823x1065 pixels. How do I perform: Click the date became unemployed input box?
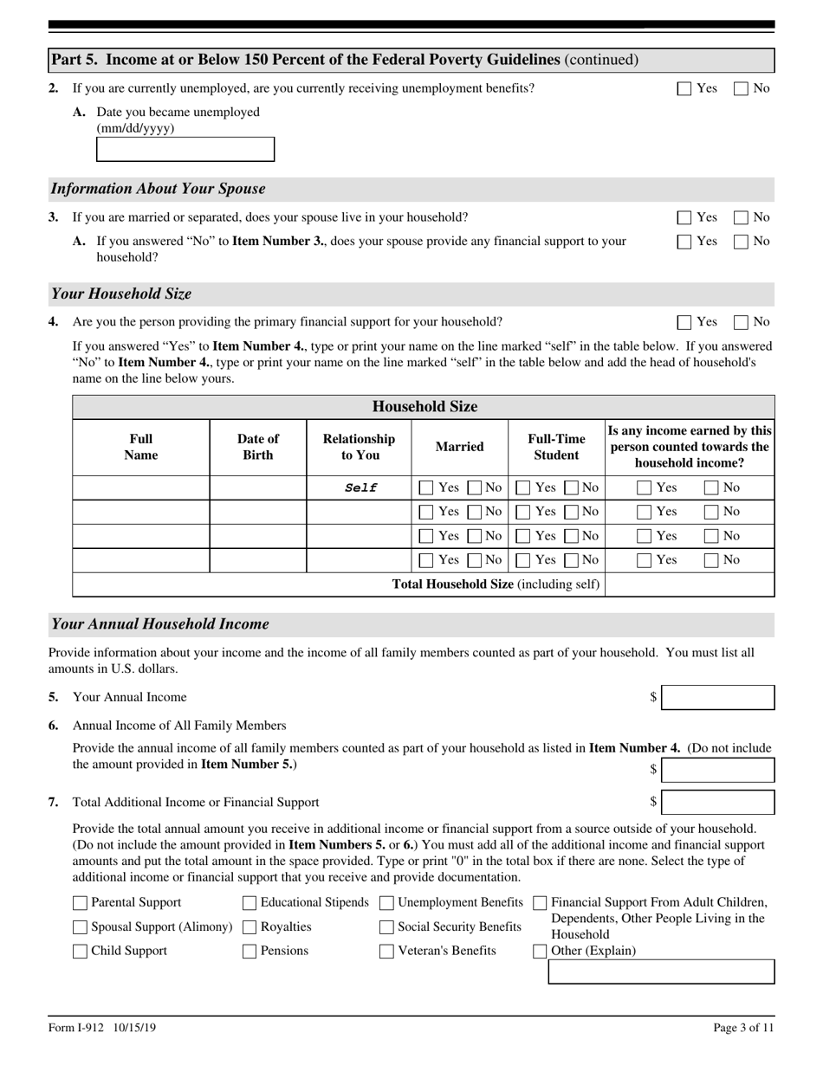185,149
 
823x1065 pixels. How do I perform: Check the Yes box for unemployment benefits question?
684,88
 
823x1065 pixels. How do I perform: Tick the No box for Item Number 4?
742,322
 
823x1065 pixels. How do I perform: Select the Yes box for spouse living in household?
684,217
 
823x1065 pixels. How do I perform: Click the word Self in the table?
360,487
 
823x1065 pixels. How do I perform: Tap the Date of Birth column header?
258,447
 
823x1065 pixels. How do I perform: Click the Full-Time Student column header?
556,447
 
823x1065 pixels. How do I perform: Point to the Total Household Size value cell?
689,584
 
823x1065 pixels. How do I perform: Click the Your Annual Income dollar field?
717,698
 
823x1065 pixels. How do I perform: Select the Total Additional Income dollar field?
717,803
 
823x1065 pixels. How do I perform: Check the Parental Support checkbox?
81,903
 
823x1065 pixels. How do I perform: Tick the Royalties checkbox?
249,927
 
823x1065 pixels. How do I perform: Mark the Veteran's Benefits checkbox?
386,952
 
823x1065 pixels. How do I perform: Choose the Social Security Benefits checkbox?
386,927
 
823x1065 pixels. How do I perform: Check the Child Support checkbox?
81,952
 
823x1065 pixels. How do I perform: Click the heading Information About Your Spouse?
159,189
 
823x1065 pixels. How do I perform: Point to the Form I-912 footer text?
102,1028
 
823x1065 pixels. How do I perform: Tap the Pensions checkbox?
249,952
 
